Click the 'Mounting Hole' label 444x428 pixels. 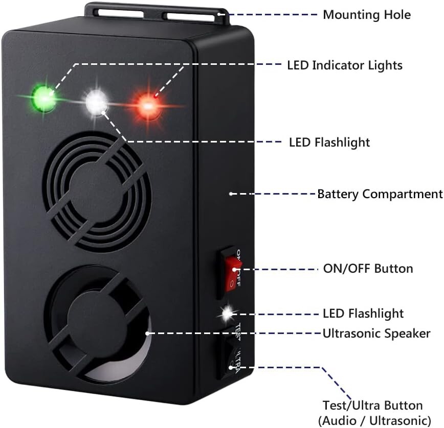click(366, 14)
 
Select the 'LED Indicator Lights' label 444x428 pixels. click(344, 65)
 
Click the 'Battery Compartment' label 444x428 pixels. click(380, 194)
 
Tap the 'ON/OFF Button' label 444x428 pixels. click(368, 268)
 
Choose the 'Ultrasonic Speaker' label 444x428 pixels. click(376, 334)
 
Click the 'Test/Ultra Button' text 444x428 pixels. click(372, 406)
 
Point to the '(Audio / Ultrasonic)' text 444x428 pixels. click(374, 420)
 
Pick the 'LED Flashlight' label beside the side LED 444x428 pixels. click(363, 313)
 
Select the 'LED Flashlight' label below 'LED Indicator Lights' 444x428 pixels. click(329, 142)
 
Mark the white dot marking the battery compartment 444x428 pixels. click(231, 194)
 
